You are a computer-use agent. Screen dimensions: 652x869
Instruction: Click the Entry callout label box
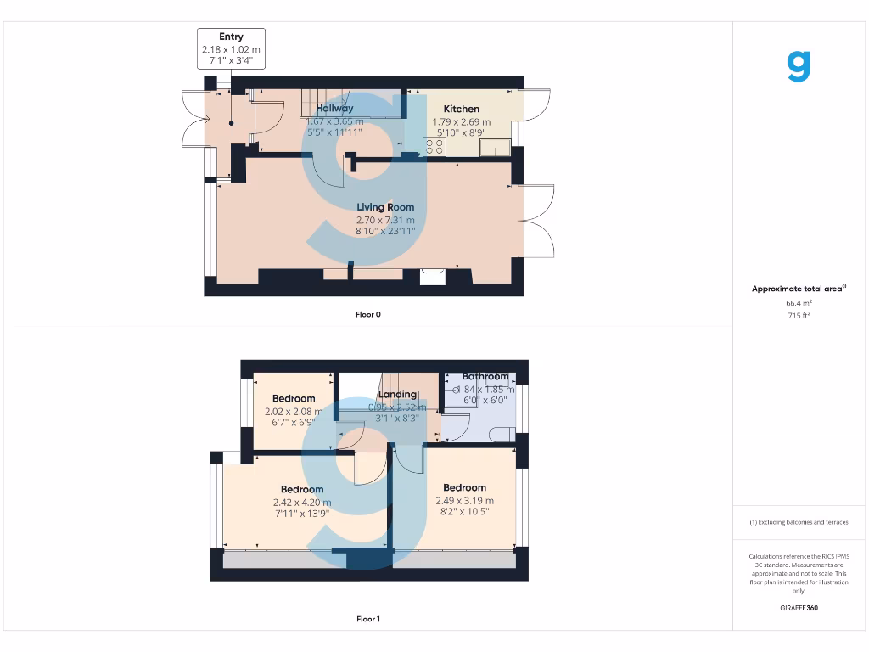click(231, 48)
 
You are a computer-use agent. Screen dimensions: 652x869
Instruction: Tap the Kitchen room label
click(462, 109)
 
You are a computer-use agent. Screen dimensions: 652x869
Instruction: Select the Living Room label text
click(385, 207)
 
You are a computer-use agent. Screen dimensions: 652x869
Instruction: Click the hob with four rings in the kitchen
click(434, 147)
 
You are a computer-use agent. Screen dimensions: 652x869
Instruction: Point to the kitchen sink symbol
click(494, 148)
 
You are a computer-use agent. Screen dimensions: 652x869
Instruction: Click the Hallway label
click(334, 109)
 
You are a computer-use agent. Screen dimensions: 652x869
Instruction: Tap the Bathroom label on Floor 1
click(485, 377)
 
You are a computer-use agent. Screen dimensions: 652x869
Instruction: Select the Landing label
click(397, 395)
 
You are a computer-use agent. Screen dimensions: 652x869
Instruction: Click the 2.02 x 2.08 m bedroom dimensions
click(294, 412)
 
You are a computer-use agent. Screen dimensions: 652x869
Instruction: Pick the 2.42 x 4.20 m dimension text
click(302, 502)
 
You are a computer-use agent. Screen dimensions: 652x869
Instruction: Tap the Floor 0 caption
click(368, 315)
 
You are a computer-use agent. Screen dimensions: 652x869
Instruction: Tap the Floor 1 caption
click(368, 620)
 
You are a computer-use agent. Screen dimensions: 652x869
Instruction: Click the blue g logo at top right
click(799, 66)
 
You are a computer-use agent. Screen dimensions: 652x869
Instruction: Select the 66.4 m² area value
click(799, 302)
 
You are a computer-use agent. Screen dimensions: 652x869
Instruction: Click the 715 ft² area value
click(799, 315)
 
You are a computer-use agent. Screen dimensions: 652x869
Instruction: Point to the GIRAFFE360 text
click(799, 608)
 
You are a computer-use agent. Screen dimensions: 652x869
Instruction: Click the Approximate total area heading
click(799, 289)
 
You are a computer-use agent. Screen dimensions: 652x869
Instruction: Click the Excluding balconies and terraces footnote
click(799, 522)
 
